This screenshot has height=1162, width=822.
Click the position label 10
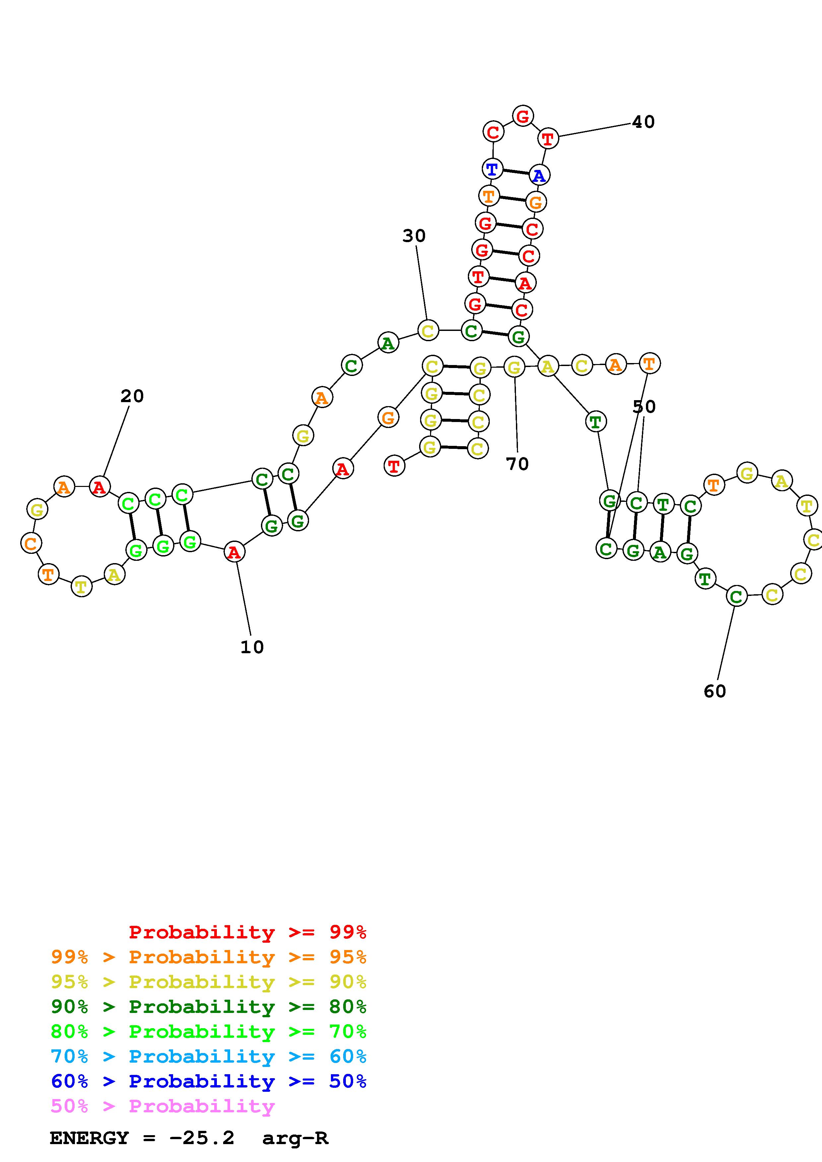tap(252, 647)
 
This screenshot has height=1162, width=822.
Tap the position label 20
tap(132, 396)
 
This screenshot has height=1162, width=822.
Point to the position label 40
tap(643, 122)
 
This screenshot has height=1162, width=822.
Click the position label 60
tap(715, 691)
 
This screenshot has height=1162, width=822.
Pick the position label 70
tap(517, 464)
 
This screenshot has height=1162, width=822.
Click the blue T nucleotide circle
tap(492, 169)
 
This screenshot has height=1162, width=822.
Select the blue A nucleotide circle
tap(539, 176)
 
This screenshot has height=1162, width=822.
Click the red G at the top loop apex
tap(523, 116)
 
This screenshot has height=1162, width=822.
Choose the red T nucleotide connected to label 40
tap(547, 138)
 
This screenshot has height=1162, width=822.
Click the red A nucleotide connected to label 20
tap(100, 487)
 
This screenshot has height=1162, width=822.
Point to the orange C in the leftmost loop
tap(31, 544)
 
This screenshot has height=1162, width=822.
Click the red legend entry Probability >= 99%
tap(247, 932)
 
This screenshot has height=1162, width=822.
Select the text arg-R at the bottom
tap(295, 1138)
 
